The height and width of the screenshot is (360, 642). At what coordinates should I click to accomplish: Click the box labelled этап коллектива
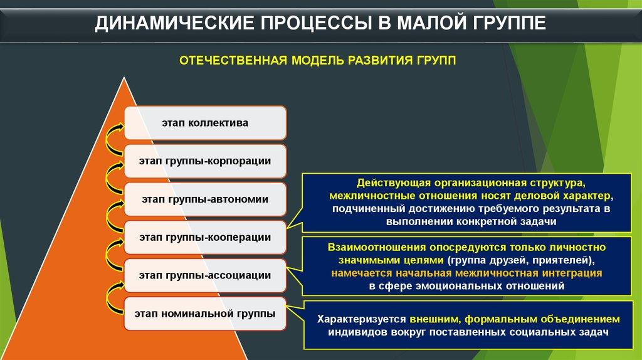coord(205,123)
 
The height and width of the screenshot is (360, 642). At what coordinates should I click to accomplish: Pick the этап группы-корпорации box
coord(205,161)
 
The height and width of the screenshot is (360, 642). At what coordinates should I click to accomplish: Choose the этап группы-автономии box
coord(205,199)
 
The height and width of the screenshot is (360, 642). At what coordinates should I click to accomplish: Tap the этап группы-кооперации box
coord(205,238)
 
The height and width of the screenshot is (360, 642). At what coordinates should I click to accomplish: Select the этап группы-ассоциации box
coord(205,275)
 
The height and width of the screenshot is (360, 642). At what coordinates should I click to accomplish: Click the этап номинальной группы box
coord(205,314)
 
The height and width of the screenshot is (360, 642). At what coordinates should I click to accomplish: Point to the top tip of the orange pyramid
coord(124,77)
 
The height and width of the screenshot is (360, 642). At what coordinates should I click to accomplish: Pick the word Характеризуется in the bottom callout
coord(362,319)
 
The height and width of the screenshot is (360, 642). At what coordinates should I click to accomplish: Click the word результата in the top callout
coord(568,209)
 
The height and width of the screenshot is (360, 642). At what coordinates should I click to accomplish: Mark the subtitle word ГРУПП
coord(436,61)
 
